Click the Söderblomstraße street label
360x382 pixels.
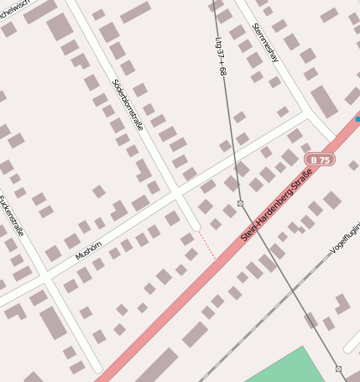(128, 105)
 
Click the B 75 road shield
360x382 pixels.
(320, 159)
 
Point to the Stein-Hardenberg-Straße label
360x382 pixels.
(276, 207)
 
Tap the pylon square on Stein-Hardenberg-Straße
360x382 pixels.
(240, 203)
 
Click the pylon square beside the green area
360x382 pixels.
(339, 369)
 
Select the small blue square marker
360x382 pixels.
(357, 119)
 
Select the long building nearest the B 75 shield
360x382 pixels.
(324, 102)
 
